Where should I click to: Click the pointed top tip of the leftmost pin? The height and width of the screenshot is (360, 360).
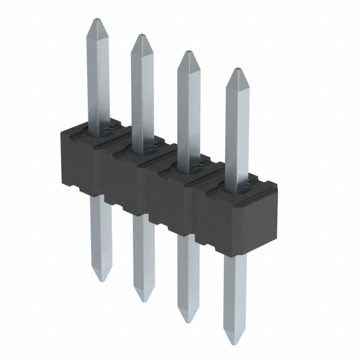(95, 21)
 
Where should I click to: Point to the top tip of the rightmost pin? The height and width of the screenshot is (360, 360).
(237, 71)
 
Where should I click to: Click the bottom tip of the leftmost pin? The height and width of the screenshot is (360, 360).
(100, 280)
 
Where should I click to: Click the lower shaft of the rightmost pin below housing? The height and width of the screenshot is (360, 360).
(234, 292)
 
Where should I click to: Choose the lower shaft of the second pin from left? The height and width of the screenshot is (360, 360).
(143, 253)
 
